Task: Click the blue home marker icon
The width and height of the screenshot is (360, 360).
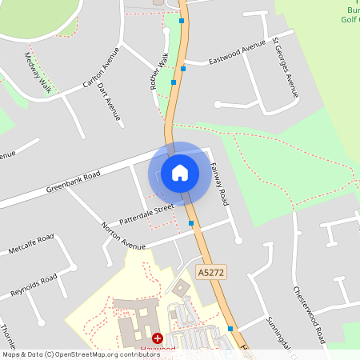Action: [180, 172]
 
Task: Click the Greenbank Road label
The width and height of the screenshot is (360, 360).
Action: [73, 182]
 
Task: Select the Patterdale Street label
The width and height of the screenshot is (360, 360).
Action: [146, 214]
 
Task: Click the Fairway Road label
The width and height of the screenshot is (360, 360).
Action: [218, 185]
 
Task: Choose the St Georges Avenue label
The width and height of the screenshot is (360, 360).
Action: [286, 68]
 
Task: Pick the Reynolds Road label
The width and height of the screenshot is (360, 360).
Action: [33, 287]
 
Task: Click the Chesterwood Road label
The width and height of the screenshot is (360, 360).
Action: [308, 313]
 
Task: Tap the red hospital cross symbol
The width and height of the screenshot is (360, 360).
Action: [157, 339]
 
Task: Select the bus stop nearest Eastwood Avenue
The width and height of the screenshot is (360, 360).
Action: [183, 70]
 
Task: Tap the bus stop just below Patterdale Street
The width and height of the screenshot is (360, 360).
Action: [190, 223]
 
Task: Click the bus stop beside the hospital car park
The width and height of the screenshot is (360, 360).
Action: [230, 329]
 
